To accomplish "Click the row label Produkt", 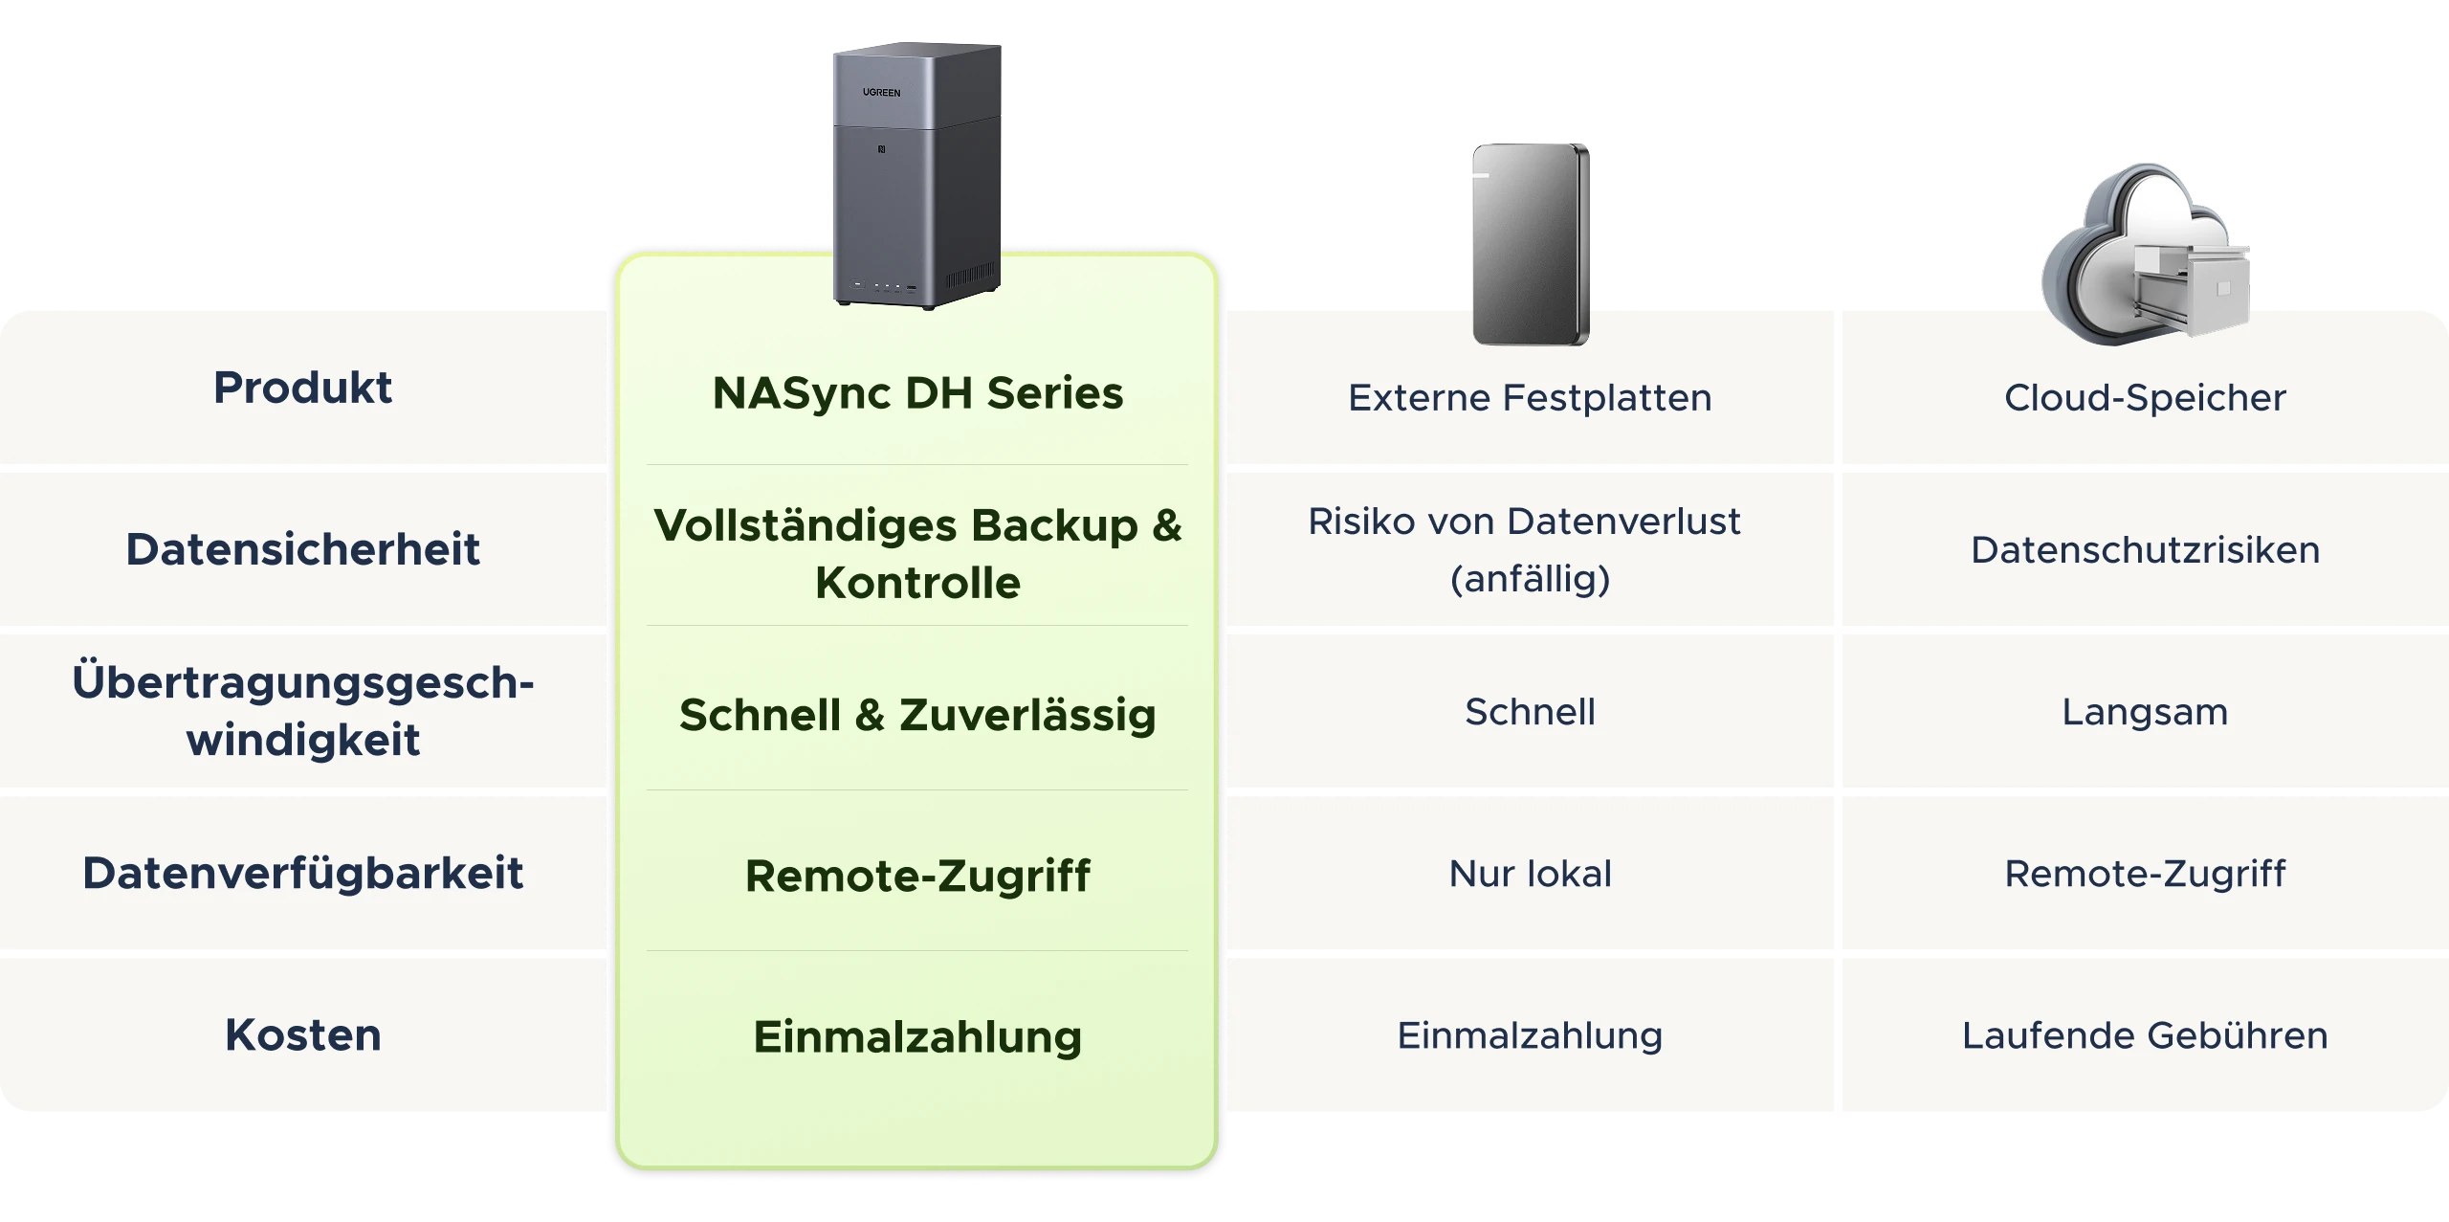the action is tap(302, 388).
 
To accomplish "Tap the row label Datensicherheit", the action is tap(302, 549).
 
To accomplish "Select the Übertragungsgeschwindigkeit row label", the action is tap(302, 710).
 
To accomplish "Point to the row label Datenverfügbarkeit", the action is tap(302, 874).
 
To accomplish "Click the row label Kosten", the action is tap(302, 1034).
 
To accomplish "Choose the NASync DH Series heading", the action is tap(917, 393).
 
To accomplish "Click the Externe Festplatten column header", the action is tap(1530, 398).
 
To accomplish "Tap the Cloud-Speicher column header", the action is tap(2145, 398).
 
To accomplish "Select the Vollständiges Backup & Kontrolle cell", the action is tap(917, 554).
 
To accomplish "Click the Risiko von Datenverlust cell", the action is tap(1530, 550).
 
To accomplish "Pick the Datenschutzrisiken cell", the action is tap(2145, 550).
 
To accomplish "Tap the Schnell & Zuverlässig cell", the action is tap(917, 715).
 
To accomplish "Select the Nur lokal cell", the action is tap(1530, 874).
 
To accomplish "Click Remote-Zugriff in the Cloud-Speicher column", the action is tap(2145, 874).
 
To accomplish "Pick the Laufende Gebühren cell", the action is tap(2145, 1035).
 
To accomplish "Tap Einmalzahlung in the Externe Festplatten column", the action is tap(1530, 1035).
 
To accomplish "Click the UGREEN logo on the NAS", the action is tap(881, 93).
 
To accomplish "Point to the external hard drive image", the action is tap(1531, 244).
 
